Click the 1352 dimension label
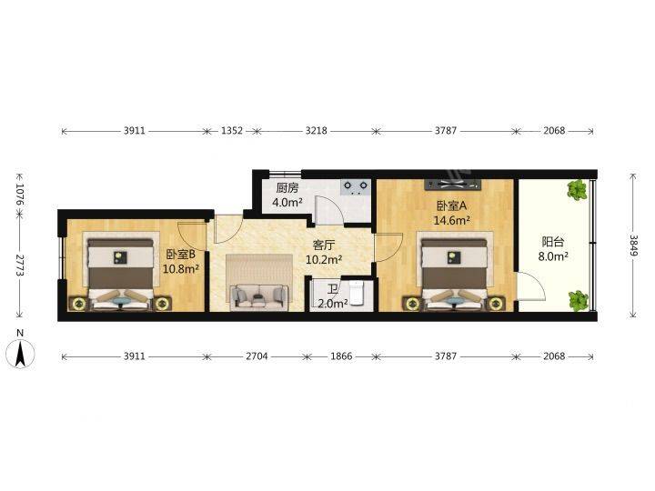coord(231,131)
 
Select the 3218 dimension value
coord(316,131)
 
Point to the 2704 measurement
coord(256,357)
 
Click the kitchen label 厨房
coord(287,188)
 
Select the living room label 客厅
coord(325,245)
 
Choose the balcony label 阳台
coord(553,242)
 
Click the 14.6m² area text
coord(452,220)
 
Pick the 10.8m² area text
coord(181,269)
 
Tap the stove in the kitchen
coord(355,188)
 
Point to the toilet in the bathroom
coord(358,292)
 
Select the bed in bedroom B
coord(120,271)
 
